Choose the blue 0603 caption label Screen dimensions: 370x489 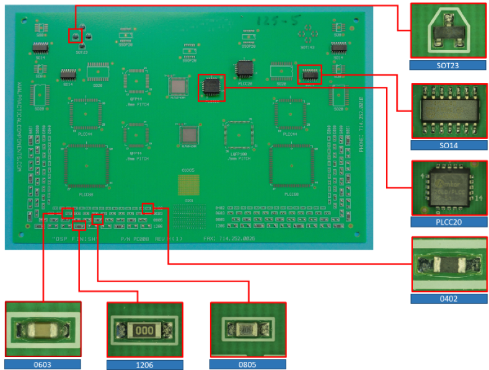click(43, 364)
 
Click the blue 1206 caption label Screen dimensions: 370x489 click(144, 364)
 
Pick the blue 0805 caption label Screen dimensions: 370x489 click(247, 364)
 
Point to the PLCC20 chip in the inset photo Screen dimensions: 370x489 click(448, 188)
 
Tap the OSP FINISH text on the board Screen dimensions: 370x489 click(75, 238)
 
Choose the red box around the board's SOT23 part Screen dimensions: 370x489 click(75, 35)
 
